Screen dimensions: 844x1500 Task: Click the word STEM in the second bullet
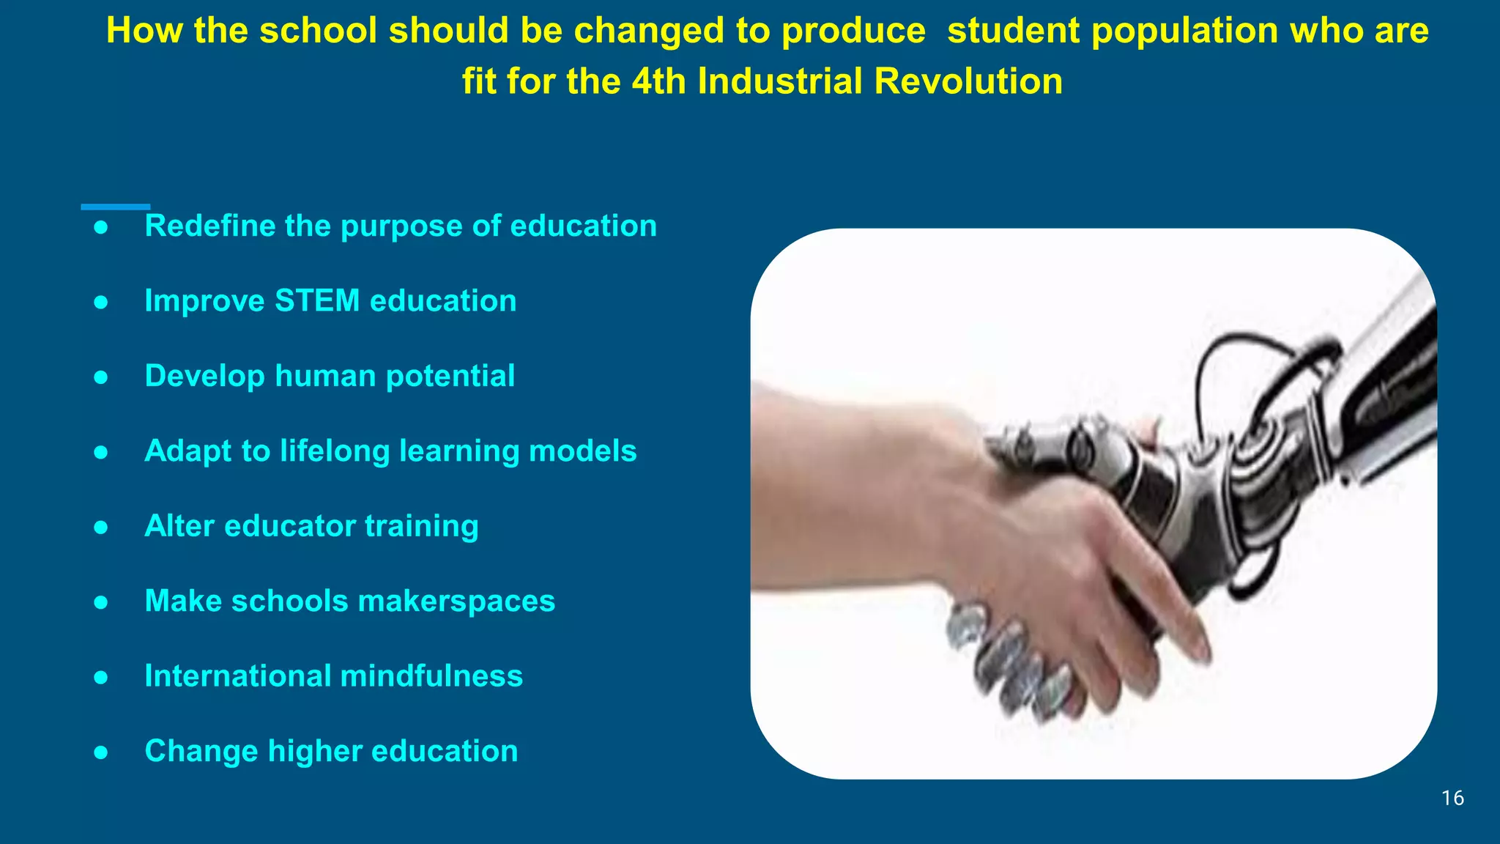317,301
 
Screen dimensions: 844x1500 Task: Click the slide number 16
1452,798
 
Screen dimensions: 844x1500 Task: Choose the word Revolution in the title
968,81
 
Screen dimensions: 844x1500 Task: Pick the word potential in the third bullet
450,377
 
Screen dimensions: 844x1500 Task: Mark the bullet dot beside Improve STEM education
101,302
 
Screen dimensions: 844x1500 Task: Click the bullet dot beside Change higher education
101,752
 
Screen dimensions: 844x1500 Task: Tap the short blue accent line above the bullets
115,207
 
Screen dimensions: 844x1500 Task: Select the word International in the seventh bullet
237,676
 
